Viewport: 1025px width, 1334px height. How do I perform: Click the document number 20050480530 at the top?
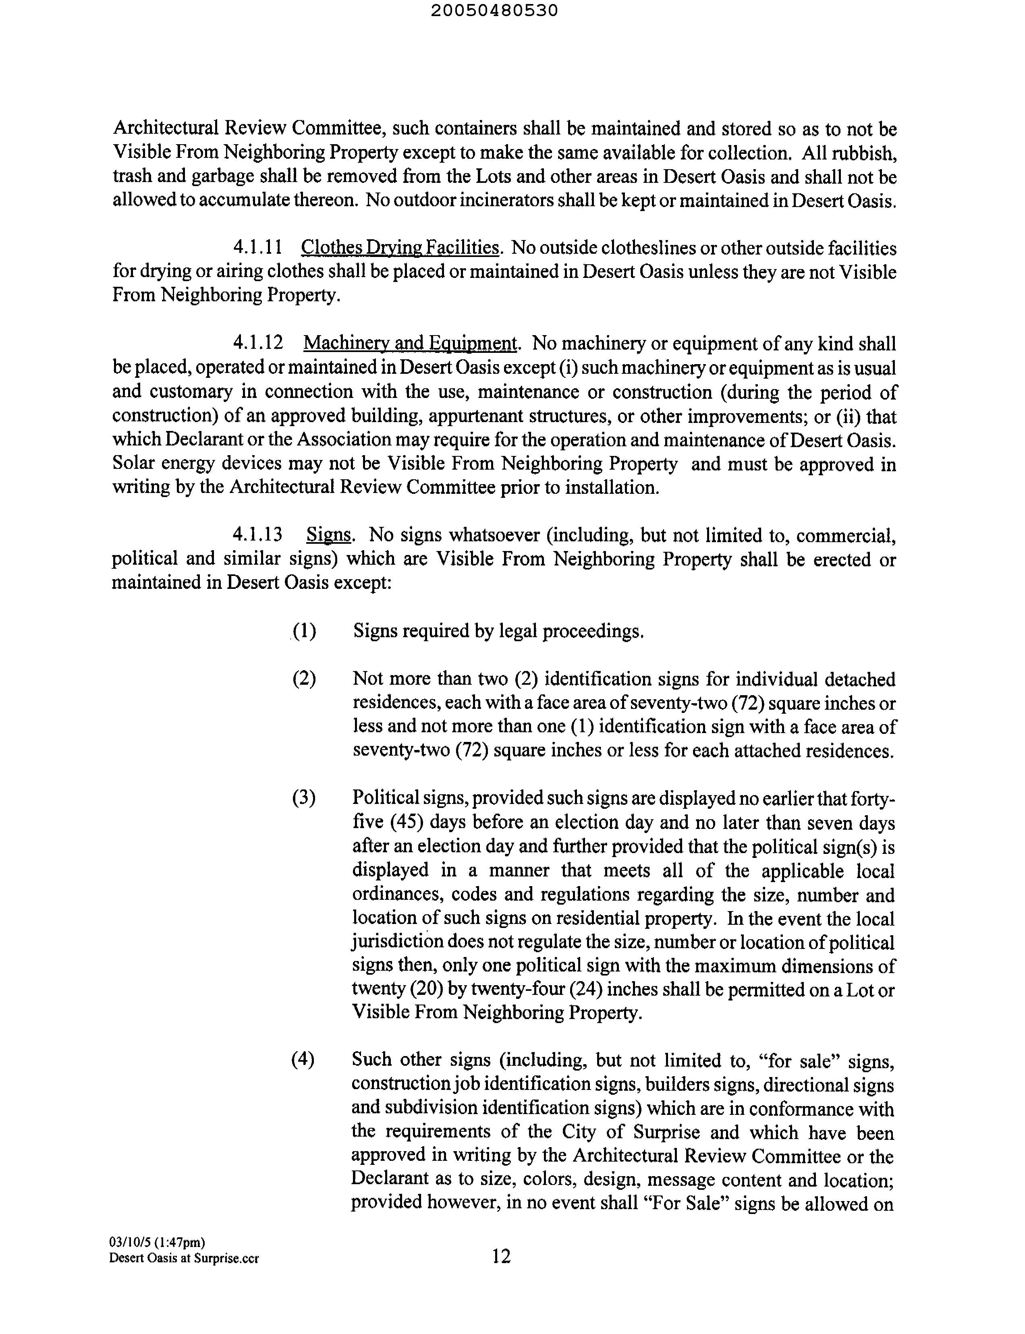tap(494, 11)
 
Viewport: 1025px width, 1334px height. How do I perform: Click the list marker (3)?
tap(304, 798)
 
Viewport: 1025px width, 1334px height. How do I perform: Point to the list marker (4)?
tap(303, 1060)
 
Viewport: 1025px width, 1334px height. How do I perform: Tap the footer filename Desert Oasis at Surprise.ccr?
tap(184, 1258)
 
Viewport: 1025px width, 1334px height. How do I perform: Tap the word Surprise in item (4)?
tap(666, 1132)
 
